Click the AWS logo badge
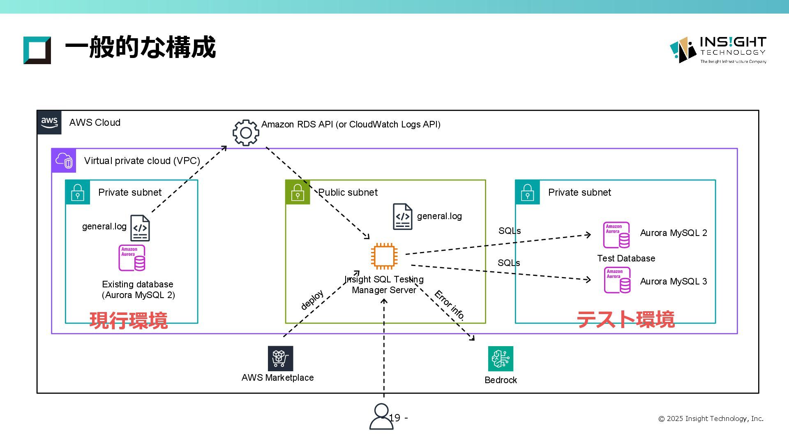point(49,122)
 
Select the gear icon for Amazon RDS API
point(246,132)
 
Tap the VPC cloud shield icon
point(64,160)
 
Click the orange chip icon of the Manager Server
point(384,256)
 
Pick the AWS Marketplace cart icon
point(280,358)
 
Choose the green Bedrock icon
point(501,358)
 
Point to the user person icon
point(381,416)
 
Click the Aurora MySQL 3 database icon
point(617,280)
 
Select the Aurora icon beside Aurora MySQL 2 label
point(616,235)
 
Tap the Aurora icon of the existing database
point(132,258)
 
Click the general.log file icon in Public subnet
point(402,216)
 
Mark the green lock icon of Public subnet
point(298,192)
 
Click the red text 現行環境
point(129,320)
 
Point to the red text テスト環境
point(625,319)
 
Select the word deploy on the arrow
point(312,300)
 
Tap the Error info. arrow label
point(449,305)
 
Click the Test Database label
point(626,258)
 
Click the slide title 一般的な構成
point(140,47)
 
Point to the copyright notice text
point(711,419)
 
